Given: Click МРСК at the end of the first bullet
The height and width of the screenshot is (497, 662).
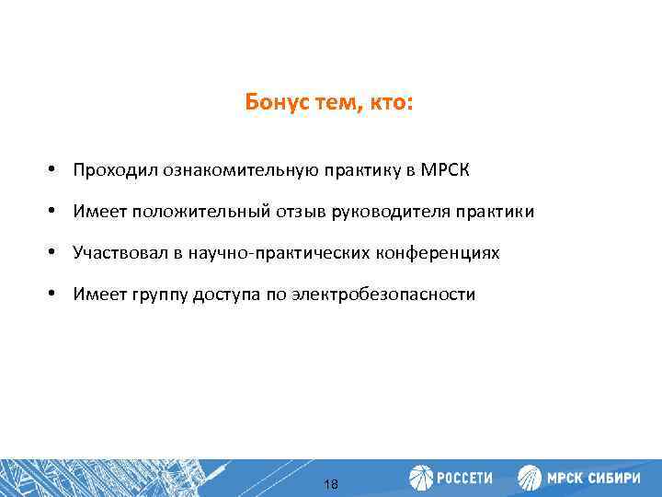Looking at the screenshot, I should (448, 171).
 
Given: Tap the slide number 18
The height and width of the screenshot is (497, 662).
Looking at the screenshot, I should (331, 483).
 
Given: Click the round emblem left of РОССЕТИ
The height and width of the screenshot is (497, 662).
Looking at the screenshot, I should (421, 478).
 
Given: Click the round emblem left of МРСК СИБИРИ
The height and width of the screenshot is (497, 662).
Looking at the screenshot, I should (530, 478).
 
